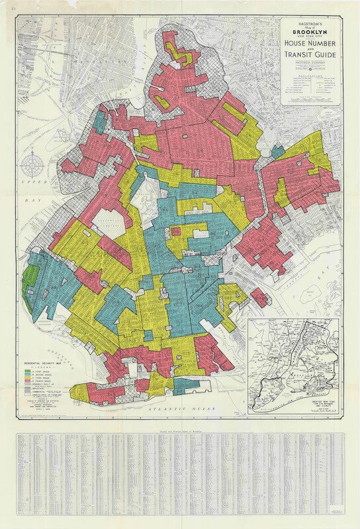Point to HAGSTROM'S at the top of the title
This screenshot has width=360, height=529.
314,23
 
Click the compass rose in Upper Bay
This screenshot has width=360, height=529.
32,163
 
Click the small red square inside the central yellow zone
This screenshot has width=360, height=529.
177,231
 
